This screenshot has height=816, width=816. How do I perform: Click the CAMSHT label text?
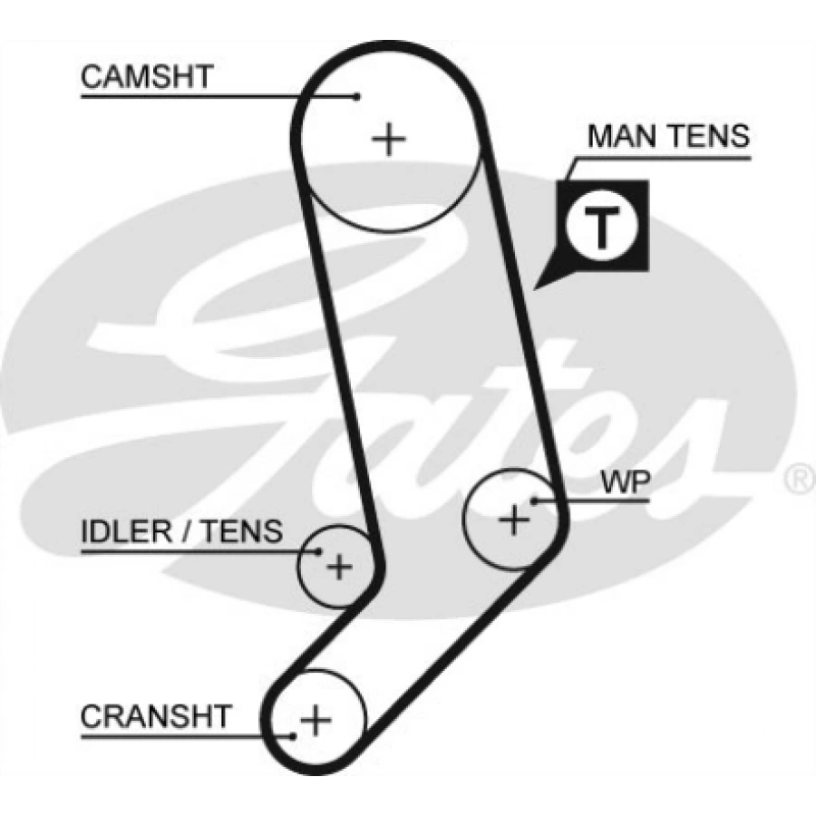coord(146,77)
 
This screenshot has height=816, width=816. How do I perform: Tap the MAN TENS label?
coord(668,136)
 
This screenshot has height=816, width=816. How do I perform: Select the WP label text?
coord(624,483)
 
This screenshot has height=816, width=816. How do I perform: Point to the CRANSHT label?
coord(156,716)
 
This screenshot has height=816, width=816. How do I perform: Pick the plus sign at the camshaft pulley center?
coord(389,139)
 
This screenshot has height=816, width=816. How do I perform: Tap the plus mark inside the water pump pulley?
coord(514,520)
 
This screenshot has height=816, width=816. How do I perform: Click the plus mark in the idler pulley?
coord(339,568)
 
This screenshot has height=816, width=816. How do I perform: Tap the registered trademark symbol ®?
coord(799,479)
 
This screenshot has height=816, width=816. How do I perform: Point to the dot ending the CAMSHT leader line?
coord(358,95)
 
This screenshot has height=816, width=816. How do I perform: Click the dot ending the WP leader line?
coord(534,499)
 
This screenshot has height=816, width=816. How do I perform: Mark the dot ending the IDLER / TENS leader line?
coord(318,550)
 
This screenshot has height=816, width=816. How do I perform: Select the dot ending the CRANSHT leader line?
coord(293,735)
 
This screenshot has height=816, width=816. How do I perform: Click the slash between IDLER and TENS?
coord(187,531)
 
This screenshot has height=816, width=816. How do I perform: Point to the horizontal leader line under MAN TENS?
coord(662,158)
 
